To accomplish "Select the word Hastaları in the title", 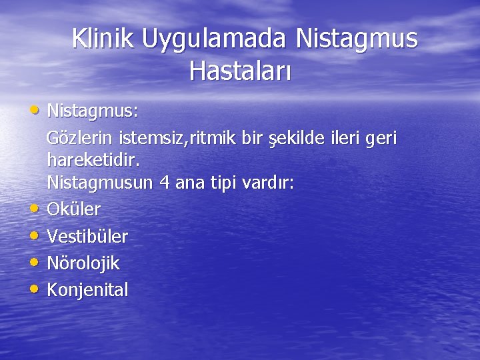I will click(240, 69).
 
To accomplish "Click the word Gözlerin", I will click(80, 139).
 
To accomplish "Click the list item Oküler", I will click(74, 209).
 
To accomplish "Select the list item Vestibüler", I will click(87, 236).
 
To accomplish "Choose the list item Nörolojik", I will click(83, 263).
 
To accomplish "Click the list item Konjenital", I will click(87, 290).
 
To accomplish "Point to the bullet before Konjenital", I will click(35, 289).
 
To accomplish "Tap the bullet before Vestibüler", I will click(35, 235).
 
